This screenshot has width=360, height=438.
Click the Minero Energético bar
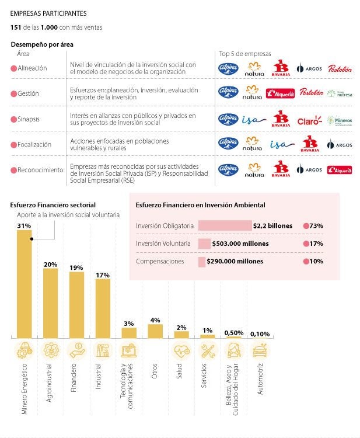coord(24,283)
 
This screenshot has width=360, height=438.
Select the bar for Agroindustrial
coord(50,303)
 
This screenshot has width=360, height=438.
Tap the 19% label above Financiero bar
coord(76,267)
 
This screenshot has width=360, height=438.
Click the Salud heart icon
coord(181,351)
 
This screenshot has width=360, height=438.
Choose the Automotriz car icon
coord(260,351)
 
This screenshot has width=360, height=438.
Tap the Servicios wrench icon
coord(208,351)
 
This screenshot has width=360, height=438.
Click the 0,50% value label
coord(233,333)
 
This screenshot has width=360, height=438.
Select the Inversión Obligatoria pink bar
coord(225,225)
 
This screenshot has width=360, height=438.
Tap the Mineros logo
coord(338,121)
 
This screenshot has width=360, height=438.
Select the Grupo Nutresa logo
coord(339,93)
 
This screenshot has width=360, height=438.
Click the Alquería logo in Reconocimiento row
coord(339,170)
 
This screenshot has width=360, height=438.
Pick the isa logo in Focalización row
coord(282,144)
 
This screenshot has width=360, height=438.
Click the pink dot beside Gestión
coord(14,94)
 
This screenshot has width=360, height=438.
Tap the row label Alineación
coord(33,68)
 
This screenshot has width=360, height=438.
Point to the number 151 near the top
coord(16,27)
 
